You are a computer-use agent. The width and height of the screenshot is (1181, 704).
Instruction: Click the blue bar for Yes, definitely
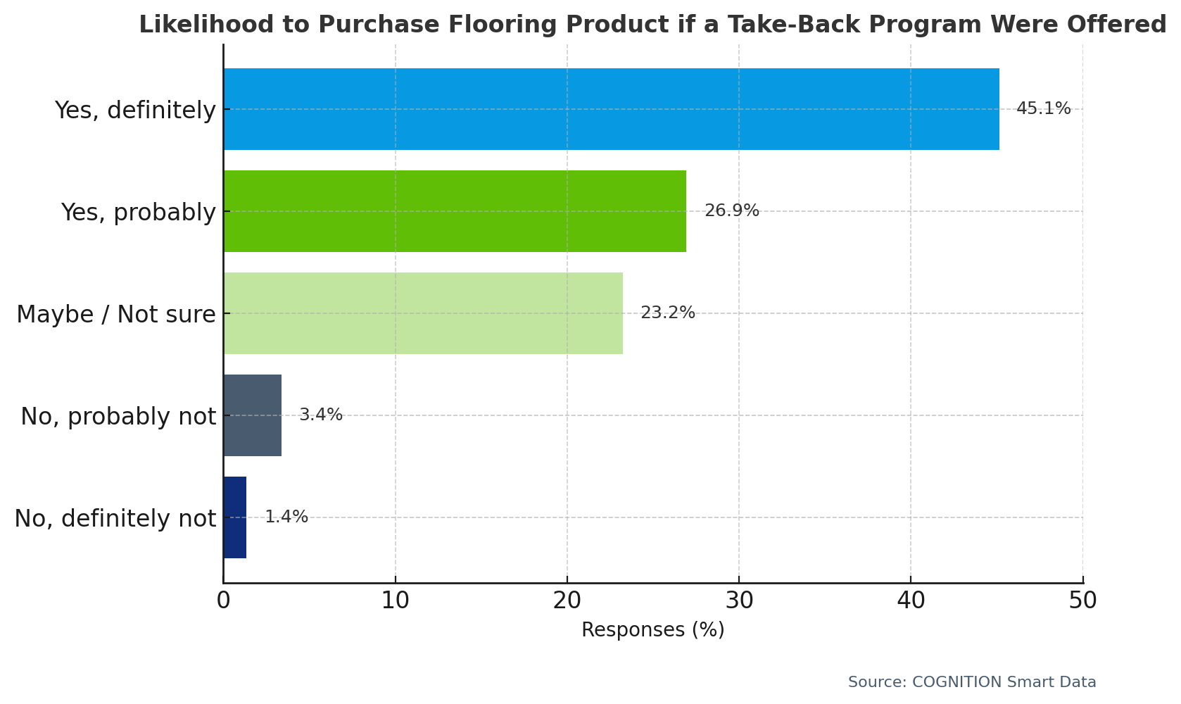tap(611, 109)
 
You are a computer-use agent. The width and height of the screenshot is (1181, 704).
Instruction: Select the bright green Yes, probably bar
tap(455, 211)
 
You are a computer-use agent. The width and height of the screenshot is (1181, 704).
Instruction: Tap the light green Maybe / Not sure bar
tap(423, 313)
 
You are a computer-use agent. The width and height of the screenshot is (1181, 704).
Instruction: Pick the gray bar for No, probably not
tap(253, 415)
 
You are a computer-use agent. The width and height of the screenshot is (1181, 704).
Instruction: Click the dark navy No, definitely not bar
tap(235, 517)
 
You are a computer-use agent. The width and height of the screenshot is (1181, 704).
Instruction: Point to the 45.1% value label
tap(1043, 109)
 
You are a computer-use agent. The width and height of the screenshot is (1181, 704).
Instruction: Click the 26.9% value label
tap(731, 211)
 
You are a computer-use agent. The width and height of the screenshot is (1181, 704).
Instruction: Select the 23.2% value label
tap(667, 313)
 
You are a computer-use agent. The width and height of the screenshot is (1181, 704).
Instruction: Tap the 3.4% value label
tap(321, 415)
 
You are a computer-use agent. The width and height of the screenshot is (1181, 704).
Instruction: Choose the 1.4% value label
tap(286, 517)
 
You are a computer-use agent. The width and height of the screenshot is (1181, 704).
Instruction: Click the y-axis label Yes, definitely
tap(135, 111)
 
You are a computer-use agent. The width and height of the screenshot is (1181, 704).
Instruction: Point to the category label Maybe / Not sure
tap(116, 315)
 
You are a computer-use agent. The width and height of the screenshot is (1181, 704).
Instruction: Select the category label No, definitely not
tap(115, 519)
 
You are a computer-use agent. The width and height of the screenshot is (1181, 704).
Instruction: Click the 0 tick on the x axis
tap(223, 601)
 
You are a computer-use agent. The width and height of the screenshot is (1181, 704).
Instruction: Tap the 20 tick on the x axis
tap(567, 601)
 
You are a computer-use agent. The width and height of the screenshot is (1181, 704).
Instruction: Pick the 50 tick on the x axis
tap(1082, 601)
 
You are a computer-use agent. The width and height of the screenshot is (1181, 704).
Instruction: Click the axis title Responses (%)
tap(652, 630)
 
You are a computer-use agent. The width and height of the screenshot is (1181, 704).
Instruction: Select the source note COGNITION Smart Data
tap(972, 682)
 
